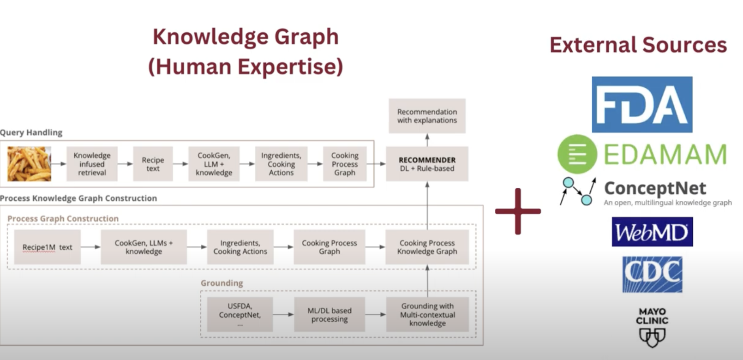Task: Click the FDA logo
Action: coord(642,104)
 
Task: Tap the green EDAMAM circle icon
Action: coord(577,154)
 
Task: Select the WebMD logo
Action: coord(652,232)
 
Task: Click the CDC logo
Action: coord(652,275)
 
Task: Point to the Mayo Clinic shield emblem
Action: coord(652,337)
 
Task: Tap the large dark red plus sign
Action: coord(518,211)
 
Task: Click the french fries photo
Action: coord(29,164)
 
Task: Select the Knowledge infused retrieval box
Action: coord(92,164)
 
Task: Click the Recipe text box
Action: coord(153,164)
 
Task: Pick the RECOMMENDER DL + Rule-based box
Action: coord(427,164)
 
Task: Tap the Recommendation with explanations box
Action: coord(427,116)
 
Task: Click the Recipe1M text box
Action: coord(47,247)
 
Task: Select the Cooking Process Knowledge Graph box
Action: coord(427,247)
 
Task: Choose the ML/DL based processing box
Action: coord(330,314)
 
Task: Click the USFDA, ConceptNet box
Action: coord(240,314)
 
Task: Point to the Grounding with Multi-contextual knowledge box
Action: coord(427,314)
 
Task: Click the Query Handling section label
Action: coord(31,132)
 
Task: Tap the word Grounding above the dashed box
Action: coord(222,283)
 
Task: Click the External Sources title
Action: coord(638,45)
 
